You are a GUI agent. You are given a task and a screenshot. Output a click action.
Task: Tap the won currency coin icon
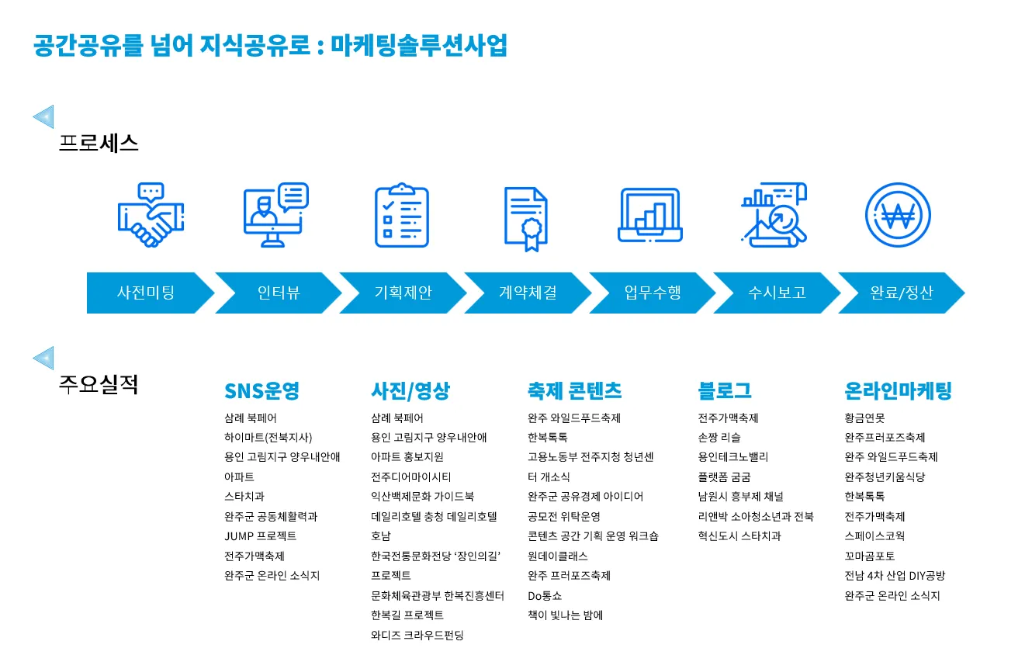tap(898, 215)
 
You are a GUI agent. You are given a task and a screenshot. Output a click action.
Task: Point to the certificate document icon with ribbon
tap(527, 218)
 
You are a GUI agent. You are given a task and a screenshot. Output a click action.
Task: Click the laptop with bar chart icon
tap(650, 215)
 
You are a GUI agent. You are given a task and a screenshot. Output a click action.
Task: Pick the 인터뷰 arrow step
tap(279, 293)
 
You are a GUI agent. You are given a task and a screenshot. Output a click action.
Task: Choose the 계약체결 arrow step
tap(528, 293)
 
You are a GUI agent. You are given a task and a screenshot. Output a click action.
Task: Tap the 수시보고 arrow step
tap(777, 293)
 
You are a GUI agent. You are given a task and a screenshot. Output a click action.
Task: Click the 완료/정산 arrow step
tap(902, 293)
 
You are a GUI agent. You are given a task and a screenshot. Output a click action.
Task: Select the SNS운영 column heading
tap(261, 390)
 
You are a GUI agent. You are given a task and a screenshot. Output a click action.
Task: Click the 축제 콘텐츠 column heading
tap(574, 390)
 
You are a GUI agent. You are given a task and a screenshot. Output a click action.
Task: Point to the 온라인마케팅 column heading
tap(898, 390)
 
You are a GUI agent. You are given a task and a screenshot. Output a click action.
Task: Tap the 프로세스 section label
tap(99, 144)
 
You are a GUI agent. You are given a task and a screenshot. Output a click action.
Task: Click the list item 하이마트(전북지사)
tap(268, 437)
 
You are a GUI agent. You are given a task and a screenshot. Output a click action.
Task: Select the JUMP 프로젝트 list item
tap(261, 535)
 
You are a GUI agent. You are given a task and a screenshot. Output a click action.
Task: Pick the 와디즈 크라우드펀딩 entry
tap(417, 635)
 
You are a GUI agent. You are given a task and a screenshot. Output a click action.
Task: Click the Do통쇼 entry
tap(545, 595)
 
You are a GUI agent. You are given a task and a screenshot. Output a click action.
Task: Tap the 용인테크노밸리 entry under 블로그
tap(733, 457)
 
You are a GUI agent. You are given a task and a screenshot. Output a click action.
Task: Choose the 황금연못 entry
tap(864, 418)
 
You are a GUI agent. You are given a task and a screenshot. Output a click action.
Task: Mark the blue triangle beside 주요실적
tap(43, 358)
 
